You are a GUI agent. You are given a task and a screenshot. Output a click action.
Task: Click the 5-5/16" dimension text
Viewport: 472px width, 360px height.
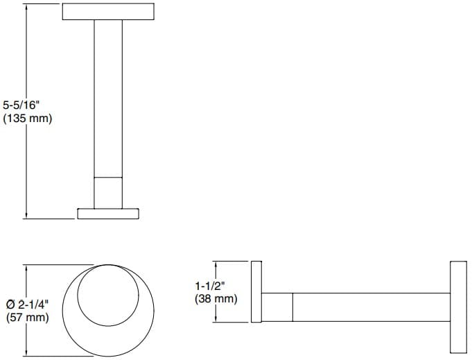pos(27,105)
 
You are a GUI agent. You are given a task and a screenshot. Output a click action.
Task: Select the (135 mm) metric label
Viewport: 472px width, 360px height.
pos(27,119)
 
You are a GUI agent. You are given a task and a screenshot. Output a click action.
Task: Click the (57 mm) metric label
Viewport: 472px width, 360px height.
pos(27,318)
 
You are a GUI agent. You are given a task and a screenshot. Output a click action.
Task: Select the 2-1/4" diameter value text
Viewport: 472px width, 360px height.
pos(34,304)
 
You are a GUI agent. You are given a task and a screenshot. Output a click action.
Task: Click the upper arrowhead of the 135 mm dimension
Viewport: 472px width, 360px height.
pos(26,6)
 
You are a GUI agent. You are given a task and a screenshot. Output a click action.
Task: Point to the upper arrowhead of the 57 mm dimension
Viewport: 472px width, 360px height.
pos(26,266)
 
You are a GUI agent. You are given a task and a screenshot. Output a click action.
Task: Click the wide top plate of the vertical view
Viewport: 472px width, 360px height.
pos(108,12)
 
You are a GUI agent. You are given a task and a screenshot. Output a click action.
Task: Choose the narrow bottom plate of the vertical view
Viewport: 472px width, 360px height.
pos(108,213)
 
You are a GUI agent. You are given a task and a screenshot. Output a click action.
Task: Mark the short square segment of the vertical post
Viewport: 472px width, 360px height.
pos(108,192)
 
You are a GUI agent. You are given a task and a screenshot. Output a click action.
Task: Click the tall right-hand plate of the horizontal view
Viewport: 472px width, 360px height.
pos(460,307)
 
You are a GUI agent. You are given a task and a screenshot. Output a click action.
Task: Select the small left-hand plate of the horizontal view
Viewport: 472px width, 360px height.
pos(256,292)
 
